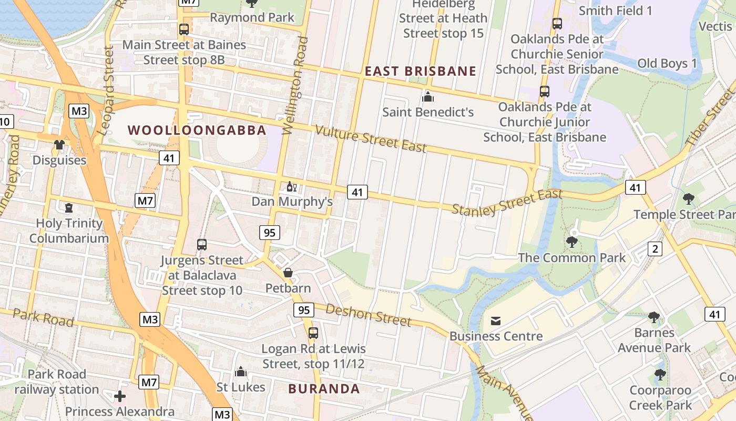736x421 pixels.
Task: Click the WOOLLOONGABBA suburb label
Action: click(x=197, y=130)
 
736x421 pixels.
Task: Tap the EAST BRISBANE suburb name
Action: click(x=421, y=72)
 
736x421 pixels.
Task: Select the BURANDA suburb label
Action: click(x=324, y=389)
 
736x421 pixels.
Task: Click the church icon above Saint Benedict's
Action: click(x=428, y=97)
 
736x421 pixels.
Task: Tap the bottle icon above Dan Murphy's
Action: click(x=291, y=186)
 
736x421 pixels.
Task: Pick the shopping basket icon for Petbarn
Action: click(x=288, y=273)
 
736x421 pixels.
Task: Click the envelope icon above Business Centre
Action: click(x=495, y=320)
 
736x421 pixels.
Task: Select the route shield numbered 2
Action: click(x=655, y=249)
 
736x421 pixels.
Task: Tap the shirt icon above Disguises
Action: click(x=59, y=145)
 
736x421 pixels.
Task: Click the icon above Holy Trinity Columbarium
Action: click(x=69, y=208)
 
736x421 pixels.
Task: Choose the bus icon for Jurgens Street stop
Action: click(x=202, y=244)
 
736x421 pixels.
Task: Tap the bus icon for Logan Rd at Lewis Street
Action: click(x=313, y=333)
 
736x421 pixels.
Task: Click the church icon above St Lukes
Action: click(x=241, y=372)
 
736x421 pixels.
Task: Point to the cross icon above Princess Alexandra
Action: click(x=120, y=396)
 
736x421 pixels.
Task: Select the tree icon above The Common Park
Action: click(x=571, y=242)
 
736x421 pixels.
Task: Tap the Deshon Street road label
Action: click(x=368, y=314)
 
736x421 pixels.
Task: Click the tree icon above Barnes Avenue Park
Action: click(x=653, y=317)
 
